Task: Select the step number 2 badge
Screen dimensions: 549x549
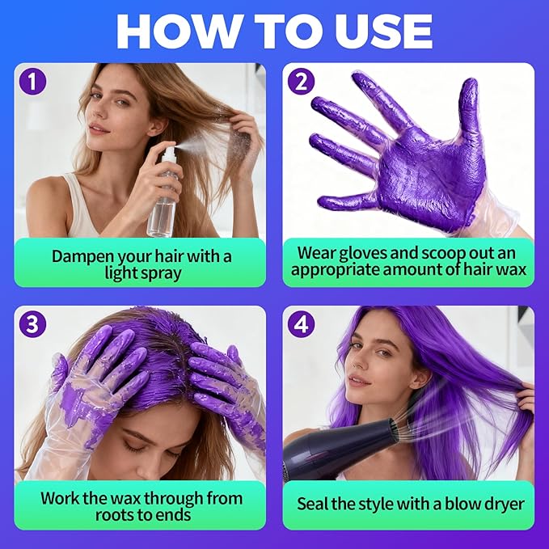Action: (x=302, y=82)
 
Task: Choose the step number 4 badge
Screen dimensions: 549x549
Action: (x=302, y=324)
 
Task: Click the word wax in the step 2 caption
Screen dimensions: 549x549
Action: (x=511, y=270)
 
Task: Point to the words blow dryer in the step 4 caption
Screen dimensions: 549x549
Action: (x=479, y=505)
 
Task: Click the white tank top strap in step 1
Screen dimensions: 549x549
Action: (x=77, y=202)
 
